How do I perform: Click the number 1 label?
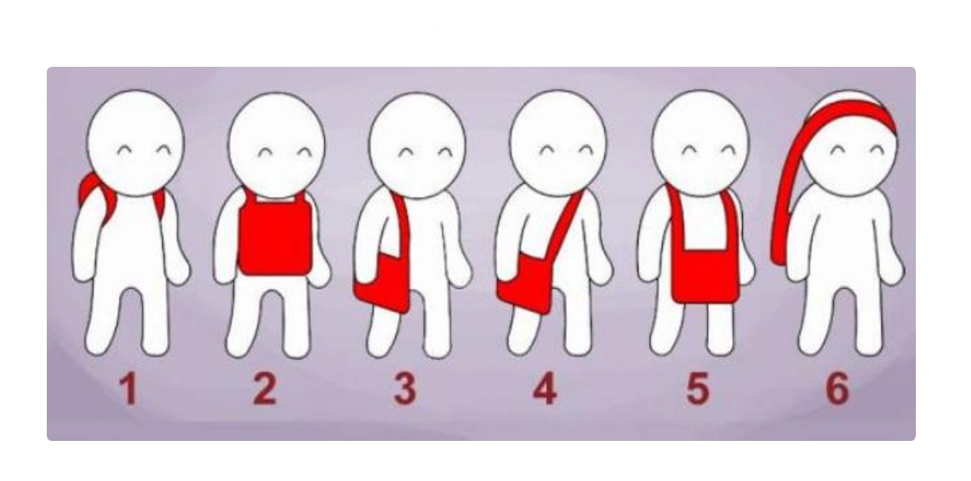pos(128,390)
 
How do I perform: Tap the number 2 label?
pos(264,390)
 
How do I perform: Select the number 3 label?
pos(405,390)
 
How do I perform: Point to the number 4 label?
pos(544,390)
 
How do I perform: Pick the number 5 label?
pos(697,390)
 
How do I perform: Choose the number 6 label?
pos(837,390)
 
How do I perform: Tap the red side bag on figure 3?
pos(384,281)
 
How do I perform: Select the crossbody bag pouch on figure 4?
pos(525,285)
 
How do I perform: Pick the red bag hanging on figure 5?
pos(704,276)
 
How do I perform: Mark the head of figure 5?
pos(700,144)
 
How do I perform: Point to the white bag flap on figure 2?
pos(276,198)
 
